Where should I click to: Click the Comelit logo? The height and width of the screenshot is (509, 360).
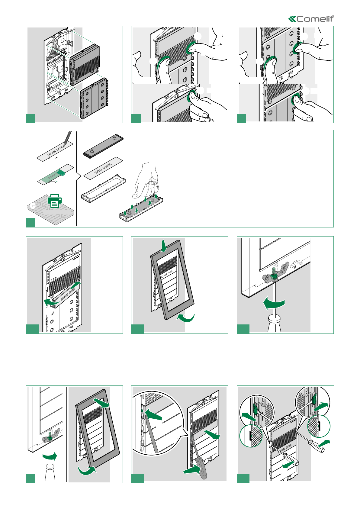tap(311, 19)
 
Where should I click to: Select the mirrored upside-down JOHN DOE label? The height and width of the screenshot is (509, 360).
tap(103, 167)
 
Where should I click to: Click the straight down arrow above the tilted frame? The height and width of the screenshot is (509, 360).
tap(164, 246)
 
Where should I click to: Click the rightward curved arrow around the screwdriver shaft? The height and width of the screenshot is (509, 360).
tap(49, 456)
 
